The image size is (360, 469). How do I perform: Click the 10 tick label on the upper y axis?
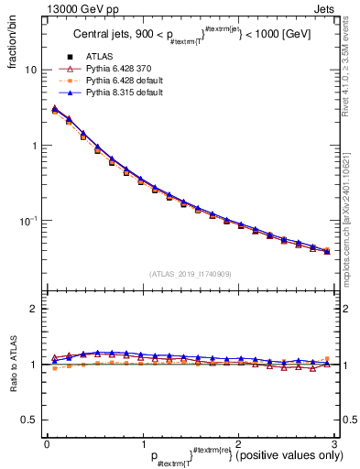click(x=30, y=71)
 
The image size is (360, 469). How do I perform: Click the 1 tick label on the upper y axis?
click(x=33, y=146)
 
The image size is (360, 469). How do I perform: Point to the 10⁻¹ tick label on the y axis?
click(x=28, y=221)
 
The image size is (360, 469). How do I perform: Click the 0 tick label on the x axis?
click(x=47, y=443)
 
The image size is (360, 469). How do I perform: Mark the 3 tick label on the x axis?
click(x=335, y=443)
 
